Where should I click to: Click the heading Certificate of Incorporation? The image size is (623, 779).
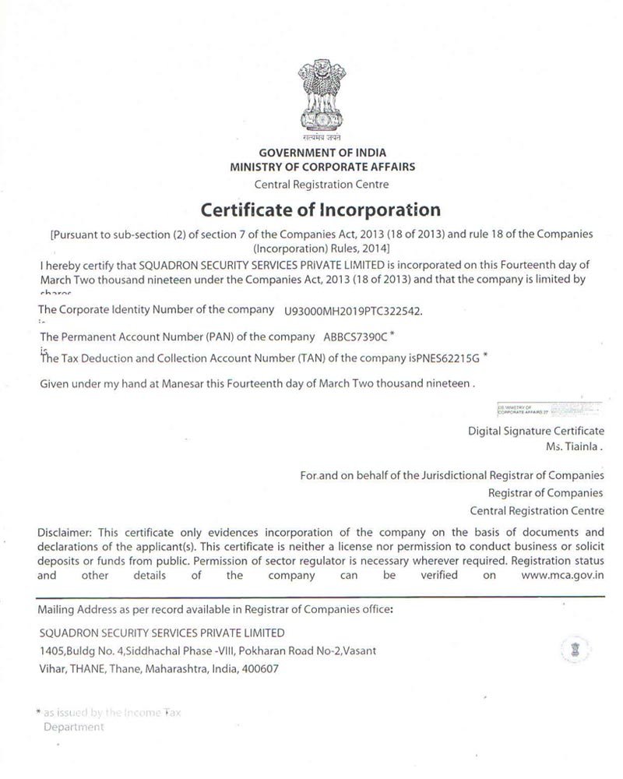point(321,210)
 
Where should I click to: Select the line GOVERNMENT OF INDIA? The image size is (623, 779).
point(322,153)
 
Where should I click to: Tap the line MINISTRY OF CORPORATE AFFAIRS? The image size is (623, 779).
point(322,166)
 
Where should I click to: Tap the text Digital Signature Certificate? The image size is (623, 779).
point(536,431)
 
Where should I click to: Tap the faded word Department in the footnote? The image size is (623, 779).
point(73,727)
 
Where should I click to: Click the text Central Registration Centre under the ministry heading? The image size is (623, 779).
point(322,184)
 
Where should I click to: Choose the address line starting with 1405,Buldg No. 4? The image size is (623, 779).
point(210,650)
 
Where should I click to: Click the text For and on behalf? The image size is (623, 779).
point(342,475)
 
